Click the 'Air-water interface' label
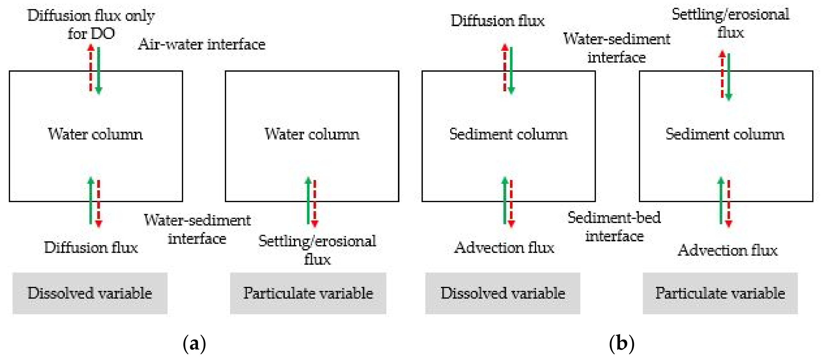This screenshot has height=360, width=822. pos(201,44)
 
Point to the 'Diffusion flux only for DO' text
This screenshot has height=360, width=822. pos(91,24)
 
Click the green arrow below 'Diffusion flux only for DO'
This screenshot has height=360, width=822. pos(99,70)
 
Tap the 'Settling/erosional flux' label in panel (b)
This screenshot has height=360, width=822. pos(730,23)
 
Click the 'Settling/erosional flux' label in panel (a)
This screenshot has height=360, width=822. pos(317,250)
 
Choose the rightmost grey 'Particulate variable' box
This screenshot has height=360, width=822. pos(720,293)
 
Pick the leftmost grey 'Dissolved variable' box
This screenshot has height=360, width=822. pos(90,293)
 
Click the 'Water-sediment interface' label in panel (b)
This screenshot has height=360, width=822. pos(616,48)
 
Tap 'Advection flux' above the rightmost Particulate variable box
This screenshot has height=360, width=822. pos(727,250)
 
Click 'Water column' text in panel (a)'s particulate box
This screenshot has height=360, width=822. pos(312,134)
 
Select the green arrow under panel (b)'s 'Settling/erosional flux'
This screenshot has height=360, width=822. pos(729,77)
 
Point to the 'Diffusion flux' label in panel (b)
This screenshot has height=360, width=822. pos(497,21)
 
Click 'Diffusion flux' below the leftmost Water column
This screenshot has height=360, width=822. pos(91,248)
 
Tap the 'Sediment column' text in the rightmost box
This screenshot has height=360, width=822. pos(725,134)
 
